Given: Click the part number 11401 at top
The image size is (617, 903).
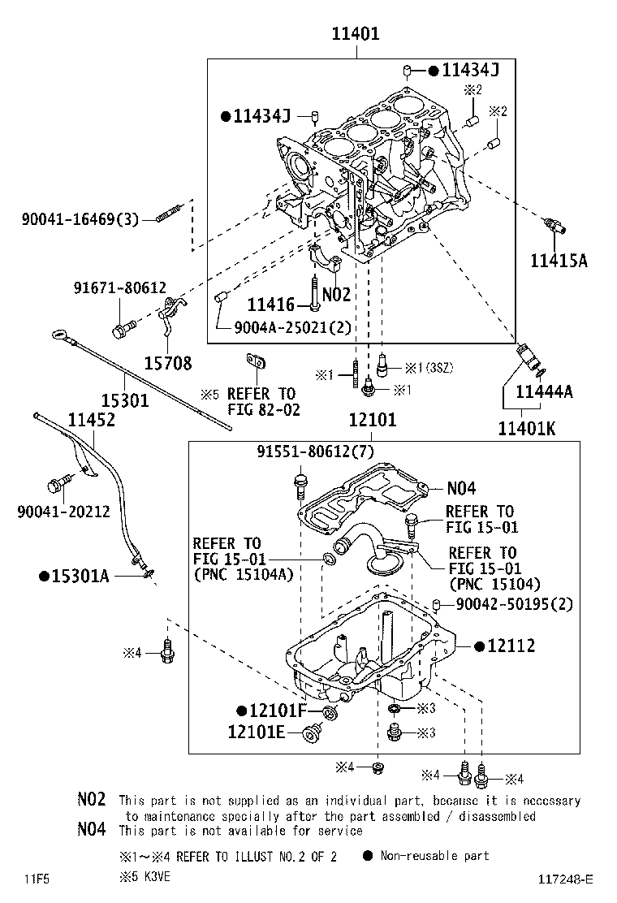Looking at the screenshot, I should (355, 34).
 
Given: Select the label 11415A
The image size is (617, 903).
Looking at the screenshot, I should (559, 261).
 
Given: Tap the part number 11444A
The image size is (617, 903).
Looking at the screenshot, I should (545, 392).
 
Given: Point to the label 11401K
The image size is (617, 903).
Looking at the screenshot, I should (526, 428).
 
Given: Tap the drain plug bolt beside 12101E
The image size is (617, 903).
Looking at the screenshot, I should (310, 734).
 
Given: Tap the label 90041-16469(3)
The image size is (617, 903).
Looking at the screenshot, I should (80, 218).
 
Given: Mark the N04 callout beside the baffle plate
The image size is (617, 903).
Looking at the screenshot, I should (461, 488).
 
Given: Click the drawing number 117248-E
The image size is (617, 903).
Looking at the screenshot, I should (566, 879).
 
